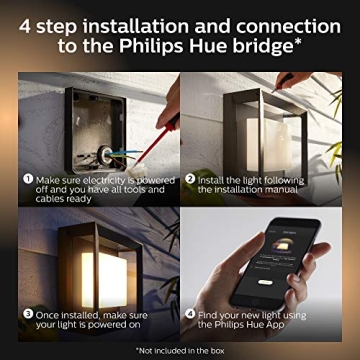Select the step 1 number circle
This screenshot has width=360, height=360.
tap(29, 177)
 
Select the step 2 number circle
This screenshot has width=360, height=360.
tap(189, 177)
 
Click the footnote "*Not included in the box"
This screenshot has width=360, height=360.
tap(180, 349)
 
